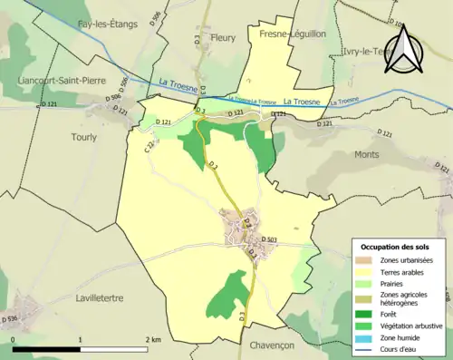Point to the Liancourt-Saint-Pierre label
(x=55, y=80)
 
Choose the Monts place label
(x=367, y=155)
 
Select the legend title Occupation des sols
(x=397, y=247)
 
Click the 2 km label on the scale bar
(x=153, y=339)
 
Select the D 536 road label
(x=10, y=318)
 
